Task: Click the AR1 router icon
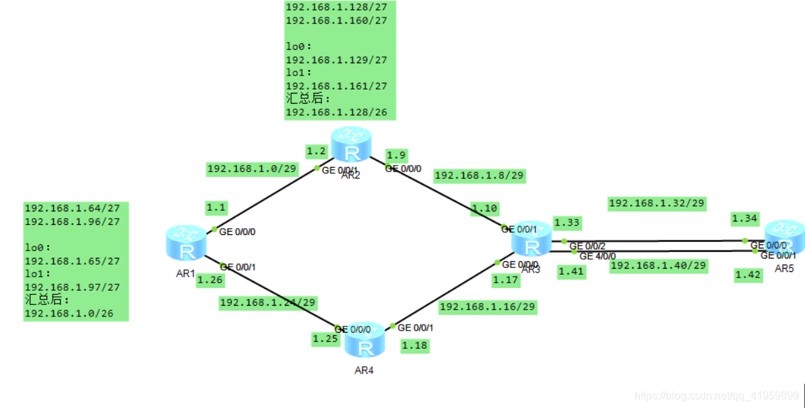pos(187,243)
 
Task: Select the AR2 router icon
pos(351,143)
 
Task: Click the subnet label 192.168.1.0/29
pos(252,169)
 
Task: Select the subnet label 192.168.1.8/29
pos(479,176)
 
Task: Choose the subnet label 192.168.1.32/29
pos(656,203)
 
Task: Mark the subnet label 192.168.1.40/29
pos(658,266)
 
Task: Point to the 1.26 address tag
pos(209,279)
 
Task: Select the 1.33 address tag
pos(567,222)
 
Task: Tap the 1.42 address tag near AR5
pos(748,275)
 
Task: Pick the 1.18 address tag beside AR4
pos(414,346)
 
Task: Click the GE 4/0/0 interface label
pos(597,256)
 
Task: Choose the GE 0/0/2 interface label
pos(587,246)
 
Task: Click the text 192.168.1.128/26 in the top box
pos(336,112)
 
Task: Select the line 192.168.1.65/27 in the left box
pos(72,261)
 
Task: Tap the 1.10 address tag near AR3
pos(484,209)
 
